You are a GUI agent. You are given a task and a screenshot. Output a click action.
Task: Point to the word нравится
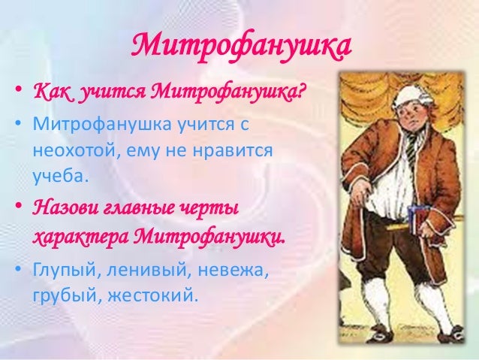(233, 151)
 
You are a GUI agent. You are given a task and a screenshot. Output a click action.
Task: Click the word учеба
(60, 176)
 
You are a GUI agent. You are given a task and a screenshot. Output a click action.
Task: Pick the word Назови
(64, 210)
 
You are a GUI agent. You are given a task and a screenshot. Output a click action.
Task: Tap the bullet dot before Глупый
(19, 269)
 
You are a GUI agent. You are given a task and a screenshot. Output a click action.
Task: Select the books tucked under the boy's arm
(417, 219)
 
